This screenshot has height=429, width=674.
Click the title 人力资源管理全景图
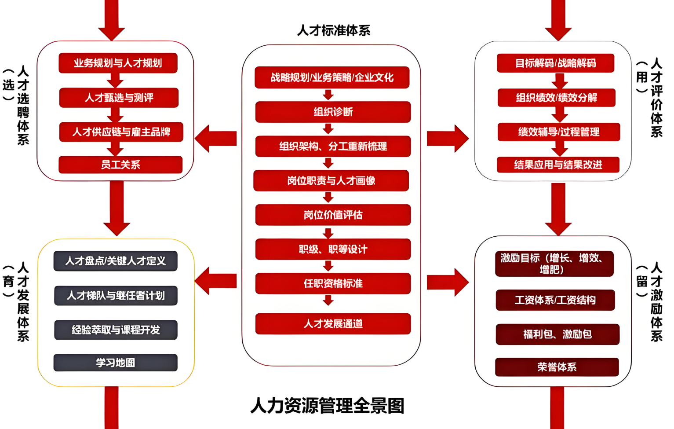pyautogui.click(x=327, y=406)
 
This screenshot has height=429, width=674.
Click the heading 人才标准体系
pyautogui.click(x=334, y=30)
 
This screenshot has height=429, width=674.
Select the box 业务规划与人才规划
pyautogui.click(x=118, y=63)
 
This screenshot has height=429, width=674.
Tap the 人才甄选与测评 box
pyautogui.click(x=119, y=98)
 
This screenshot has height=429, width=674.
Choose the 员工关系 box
pyautogui.click(x=120, y=165)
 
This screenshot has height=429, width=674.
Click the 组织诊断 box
pyautogui.click(x=333, y=112)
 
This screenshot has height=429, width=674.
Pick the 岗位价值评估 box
pyautogui.click(x=333, y=215)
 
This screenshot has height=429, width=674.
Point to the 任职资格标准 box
pyautogui.click(x=333, y=283)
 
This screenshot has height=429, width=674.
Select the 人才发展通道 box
pyautogui.click(x=333, y=324)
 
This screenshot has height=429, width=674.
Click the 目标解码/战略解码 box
pyautogui.click(x=555, y=63)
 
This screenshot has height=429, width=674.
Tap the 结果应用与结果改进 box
pyautogui.click(x=558, y=165)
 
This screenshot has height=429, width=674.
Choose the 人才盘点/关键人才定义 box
pyautogui.click(x=115, y=261)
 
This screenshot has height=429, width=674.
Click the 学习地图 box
pyautogui.click(x=115, y=363)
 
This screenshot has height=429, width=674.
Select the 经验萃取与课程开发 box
pyautogui.click(x=116, y=330)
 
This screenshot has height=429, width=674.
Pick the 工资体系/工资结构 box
pyautogui.click(x=555, y=300)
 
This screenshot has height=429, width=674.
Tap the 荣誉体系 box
pyautogui.click(x=557, y=367)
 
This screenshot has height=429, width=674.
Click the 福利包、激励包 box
pyautogui.click(x=557, y=334)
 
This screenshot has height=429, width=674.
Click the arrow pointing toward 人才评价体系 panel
pyautogui.click(x=448, y=139)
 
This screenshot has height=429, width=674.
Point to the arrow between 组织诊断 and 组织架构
pyautogui.click(x=328, y=129)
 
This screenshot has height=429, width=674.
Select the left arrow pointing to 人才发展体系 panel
pyautogui.click(x=215, y=282)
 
